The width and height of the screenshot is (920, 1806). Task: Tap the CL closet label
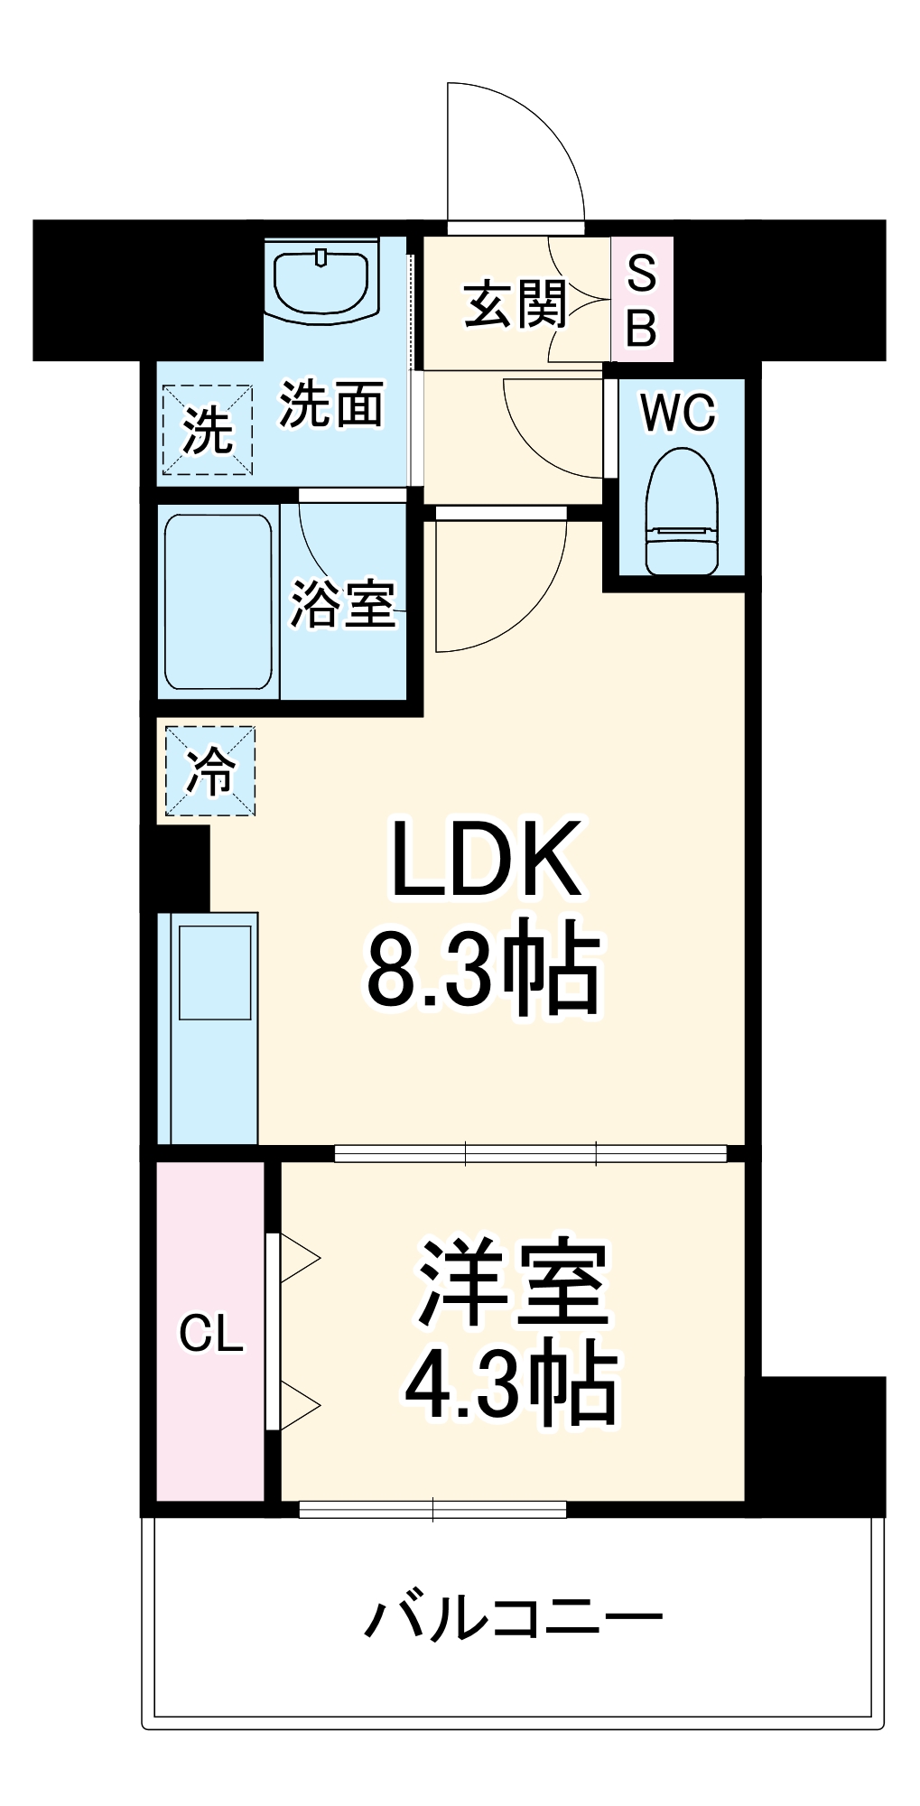(211, 1334)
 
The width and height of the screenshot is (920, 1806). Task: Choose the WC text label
(678, 413)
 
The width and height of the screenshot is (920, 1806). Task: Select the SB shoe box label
(642, 301)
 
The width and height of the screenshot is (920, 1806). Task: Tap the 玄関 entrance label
(516, 303)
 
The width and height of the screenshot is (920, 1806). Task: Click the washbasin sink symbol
(321, 280)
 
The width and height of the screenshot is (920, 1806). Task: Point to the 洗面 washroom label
(331, 404)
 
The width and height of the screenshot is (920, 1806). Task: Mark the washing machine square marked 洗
(208, 430)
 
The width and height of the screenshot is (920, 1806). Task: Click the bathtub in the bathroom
(218, 602)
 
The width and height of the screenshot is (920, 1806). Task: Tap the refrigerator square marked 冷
(210, 771)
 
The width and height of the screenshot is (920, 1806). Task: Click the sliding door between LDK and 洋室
(531, 1153)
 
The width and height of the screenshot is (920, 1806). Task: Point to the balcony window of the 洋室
(432, 1509)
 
